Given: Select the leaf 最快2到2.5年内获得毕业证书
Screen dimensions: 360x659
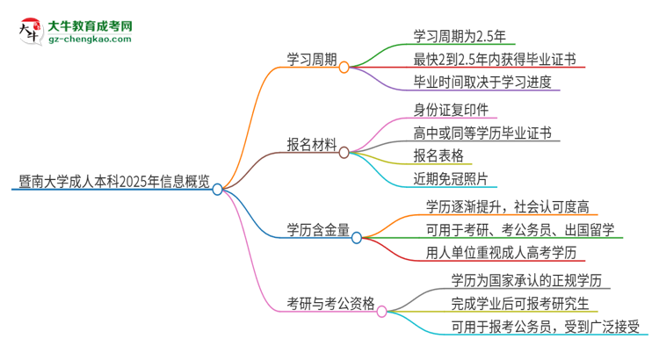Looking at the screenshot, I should tap(495, 60).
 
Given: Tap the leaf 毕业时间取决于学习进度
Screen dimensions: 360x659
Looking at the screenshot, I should tap(485, 83).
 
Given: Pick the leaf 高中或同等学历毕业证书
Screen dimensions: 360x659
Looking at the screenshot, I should tap(482, 133).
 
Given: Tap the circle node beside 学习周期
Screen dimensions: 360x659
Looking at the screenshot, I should tap(344, 67).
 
